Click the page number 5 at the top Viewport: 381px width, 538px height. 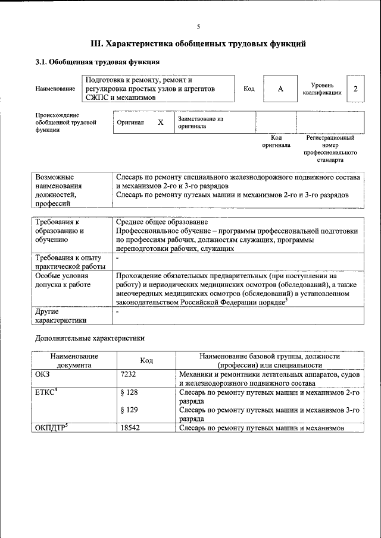(198, 26)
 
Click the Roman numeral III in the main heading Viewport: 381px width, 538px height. (96, 43)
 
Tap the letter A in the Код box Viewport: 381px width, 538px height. (280, 89)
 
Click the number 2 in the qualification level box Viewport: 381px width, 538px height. (355, 89)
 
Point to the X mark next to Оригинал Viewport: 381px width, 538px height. (160, 122)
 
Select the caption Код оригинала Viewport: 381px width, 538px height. (276, 141)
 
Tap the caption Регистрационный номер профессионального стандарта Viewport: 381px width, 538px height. (330, 149)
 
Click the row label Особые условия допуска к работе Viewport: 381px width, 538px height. (63, 281)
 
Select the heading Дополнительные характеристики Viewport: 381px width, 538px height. (90, 338)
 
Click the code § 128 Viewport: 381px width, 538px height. (129, 393)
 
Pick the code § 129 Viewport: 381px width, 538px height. (129, 410)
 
